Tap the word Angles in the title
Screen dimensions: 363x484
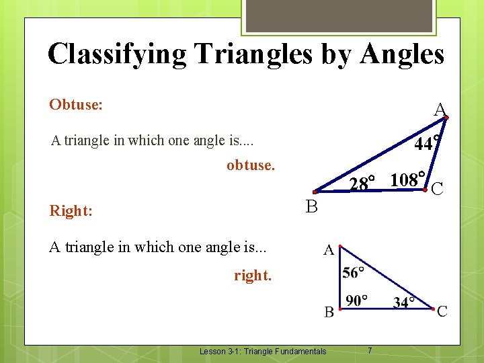(402, 54)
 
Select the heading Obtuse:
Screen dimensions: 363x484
(76, 105)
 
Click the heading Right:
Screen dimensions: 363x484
(71, 211)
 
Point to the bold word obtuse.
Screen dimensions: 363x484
(251, 165)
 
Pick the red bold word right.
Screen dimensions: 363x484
(253, 275)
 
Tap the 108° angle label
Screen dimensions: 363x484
(407, 180)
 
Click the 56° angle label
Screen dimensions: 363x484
(354, 272)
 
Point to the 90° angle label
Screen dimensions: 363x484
(356, 300)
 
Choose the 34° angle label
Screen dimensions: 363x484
(404, 302)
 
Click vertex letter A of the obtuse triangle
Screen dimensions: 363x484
(440, 110)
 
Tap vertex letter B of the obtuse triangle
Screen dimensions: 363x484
(311, 207)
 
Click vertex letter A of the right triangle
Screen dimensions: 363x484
(329, 251)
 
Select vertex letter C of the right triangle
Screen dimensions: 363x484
(442, 311)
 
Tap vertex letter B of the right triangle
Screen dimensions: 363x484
(329, 312)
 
